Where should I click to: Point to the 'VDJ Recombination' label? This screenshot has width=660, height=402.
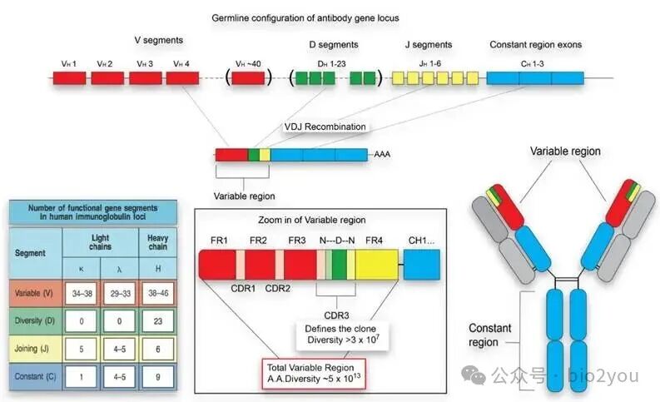point(325,127)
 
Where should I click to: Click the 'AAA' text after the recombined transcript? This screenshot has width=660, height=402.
point(382,155)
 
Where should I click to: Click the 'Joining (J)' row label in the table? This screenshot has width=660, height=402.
point(33,349)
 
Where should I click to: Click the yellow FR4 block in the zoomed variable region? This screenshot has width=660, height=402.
point(377,267)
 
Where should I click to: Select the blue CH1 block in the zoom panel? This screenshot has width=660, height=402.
point(422,267)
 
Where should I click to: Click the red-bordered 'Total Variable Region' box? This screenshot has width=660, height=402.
point(310,371)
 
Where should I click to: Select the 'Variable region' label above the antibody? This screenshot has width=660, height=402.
point(565,151)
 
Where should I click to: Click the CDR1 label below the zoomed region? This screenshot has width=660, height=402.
point(242,296)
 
